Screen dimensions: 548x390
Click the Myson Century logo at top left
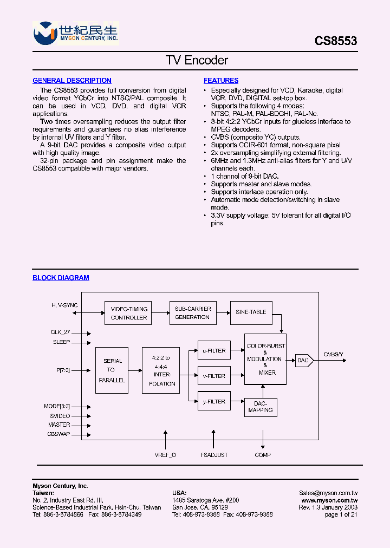click(75, 34)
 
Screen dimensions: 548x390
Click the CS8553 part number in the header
click(336, 41)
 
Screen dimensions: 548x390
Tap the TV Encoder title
click(197, 60)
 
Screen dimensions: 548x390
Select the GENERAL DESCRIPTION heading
click(72, 81)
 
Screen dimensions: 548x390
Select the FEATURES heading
click(221, 81)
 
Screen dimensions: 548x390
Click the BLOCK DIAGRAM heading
click(61, 278)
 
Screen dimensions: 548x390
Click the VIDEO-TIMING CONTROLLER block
click(128, 313)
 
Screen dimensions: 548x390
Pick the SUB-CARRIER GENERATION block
click(192, 313)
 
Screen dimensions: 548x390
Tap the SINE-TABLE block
click(251, 312)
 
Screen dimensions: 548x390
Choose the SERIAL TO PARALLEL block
click(112, 370)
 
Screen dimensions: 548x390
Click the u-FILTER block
click(214, 350)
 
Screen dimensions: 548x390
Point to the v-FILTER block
click(214, 376)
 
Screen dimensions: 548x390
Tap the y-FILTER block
click(214, 401)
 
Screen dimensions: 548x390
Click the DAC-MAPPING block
click(261, 407)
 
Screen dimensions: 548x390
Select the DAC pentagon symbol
click(304, 360)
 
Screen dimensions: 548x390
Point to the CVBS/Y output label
click(333, 354)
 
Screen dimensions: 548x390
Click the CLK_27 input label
click(61, 332)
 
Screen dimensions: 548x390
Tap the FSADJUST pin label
click(213, 455)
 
